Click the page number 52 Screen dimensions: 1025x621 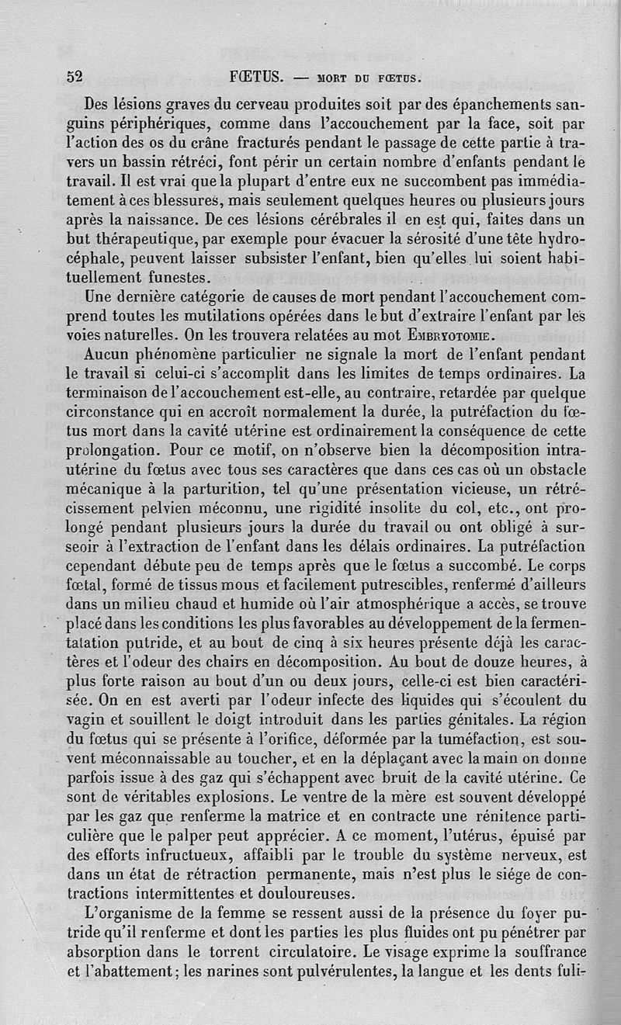click(75, 76)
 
